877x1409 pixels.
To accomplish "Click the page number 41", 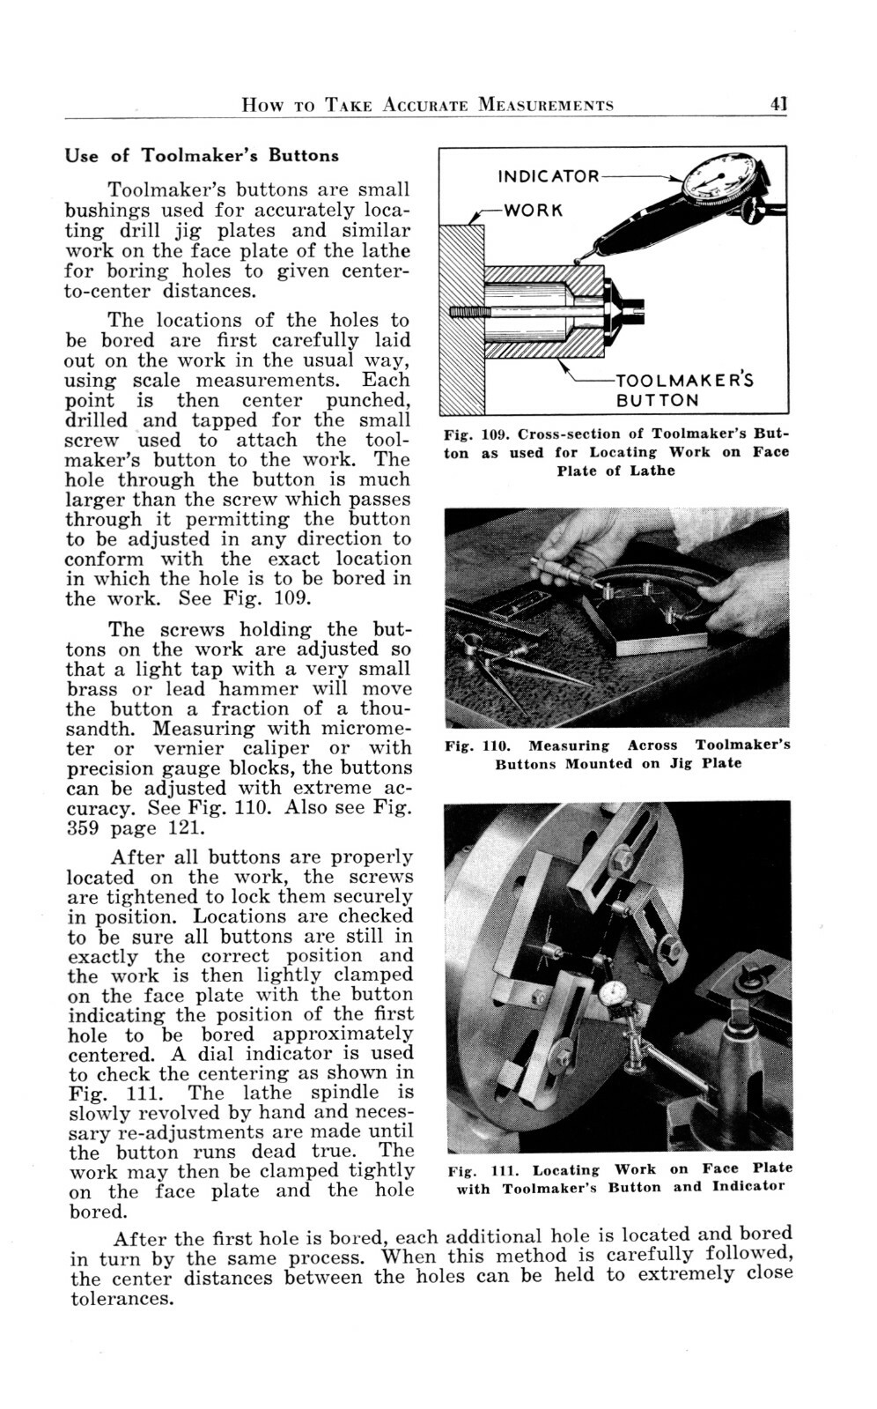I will [778, 105].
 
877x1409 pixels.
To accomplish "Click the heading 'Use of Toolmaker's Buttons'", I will [202, 156].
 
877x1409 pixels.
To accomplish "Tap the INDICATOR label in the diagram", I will [548, 176].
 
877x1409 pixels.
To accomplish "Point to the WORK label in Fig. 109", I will [532, 211].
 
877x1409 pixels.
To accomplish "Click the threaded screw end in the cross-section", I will [467, 312].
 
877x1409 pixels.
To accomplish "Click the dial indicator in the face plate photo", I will [614, 995].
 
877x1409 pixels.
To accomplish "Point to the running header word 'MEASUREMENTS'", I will [546, 106].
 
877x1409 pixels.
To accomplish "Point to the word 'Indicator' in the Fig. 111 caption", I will [748, 1186].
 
